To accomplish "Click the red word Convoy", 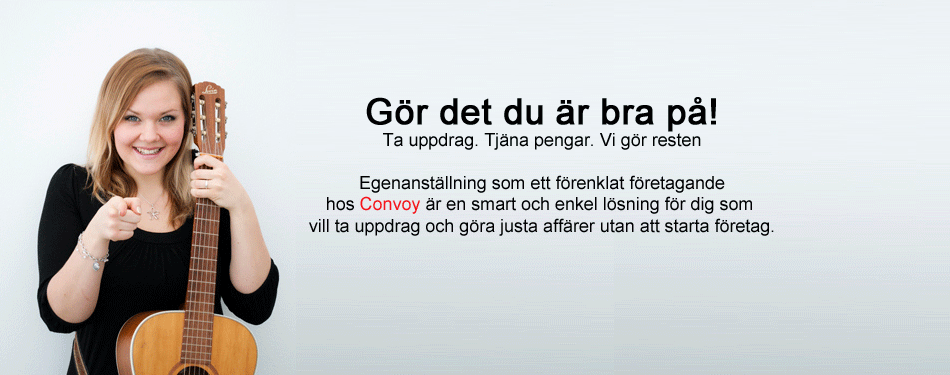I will coord(389,205).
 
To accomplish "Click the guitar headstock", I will coord(209,118).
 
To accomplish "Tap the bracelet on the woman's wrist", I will coord(92,252).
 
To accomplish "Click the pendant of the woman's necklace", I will coord(153,212).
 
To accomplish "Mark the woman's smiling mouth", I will coord(148,151).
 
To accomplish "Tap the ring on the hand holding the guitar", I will coord(207,183).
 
